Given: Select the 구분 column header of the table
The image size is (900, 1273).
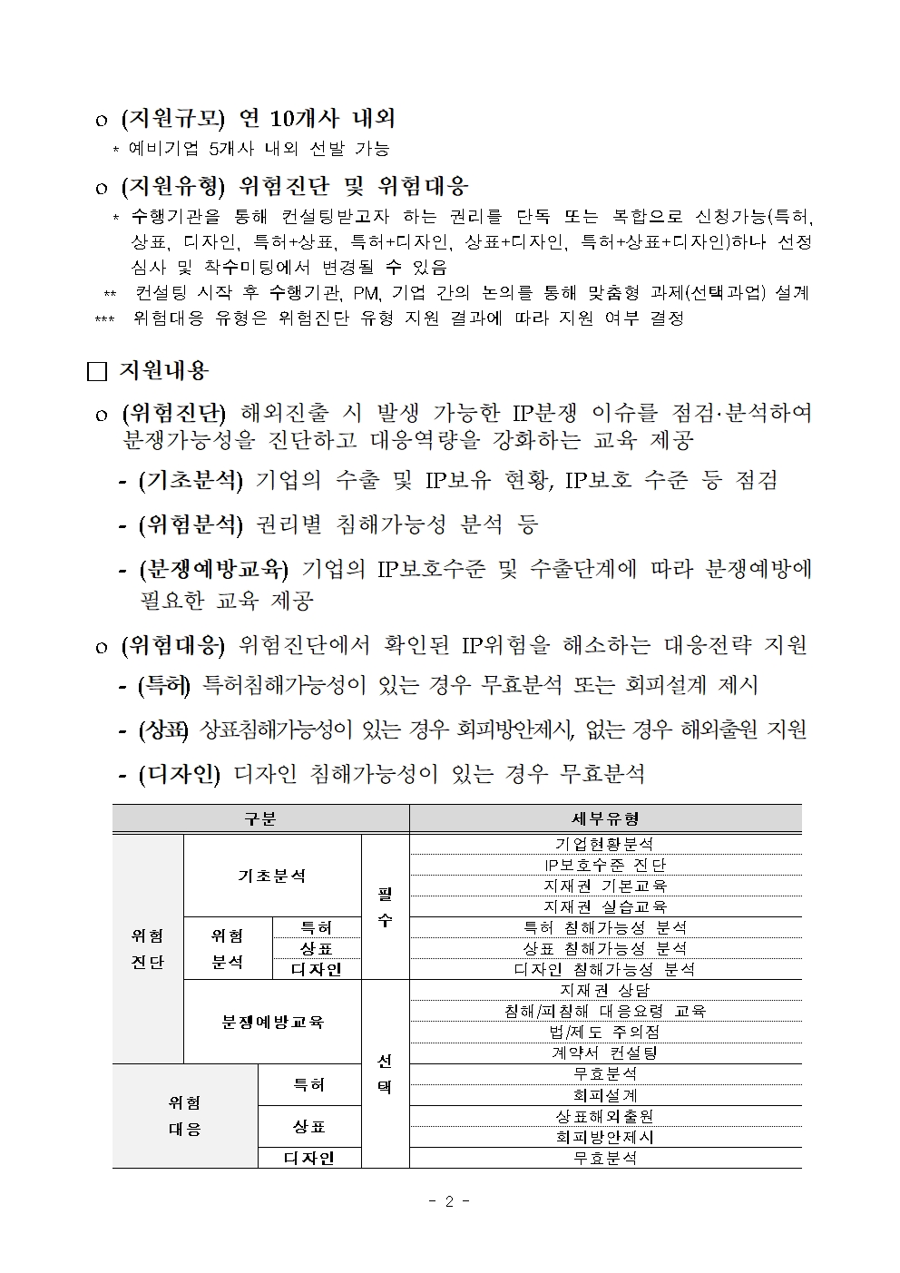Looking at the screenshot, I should pyautogui.click(x=260, y=818).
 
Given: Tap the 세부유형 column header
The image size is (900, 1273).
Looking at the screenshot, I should pyautogui.click(x=605, y=818).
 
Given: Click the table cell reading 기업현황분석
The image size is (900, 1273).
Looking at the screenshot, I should pyautogui.click(x=605, y=844).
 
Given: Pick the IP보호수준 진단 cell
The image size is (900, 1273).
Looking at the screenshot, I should pyautogui.click(x=605, y=865).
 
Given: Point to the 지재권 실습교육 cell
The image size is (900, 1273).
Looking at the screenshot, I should pyautogui.click(x=605, y=906).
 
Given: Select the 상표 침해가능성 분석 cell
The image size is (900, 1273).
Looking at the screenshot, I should pyautogui.click(x=605, y=948).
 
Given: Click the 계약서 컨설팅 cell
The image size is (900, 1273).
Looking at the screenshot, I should pyautogui.click(x=605, y=1053).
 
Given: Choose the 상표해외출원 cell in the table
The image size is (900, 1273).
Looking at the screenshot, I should pyautogui.click(x=605, y=1116).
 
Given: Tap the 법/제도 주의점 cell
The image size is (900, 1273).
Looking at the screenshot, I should pyautogui.click(x=605, y=1032).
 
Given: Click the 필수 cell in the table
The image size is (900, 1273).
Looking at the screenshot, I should pyautogui.click(x=385, y=906).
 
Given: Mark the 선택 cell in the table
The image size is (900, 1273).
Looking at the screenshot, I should pyautogui.click(x=385, y=1073).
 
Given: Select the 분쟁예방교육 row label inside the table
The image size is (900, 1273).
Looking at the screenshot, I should pyautogui.click(x=273, y=1022).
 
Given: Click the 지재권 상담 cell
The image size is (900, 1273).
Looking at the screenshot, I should pyautogui.click(x=605, y=990).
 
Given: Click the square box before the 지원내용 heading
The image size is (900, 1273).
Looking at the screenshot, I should pyautogui.click(x=97, y=371).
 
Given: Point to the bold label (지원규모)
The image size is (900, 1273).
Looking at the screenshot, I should pyautogui.click(x=172, y=119).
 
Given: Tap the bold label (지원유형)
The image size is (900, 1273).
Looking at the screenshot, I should pyautogui.click(x=172, y=187).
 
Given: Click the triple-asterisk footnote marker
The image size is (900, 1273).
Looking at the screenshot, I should pyautogui.click(x=104, y=319).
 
